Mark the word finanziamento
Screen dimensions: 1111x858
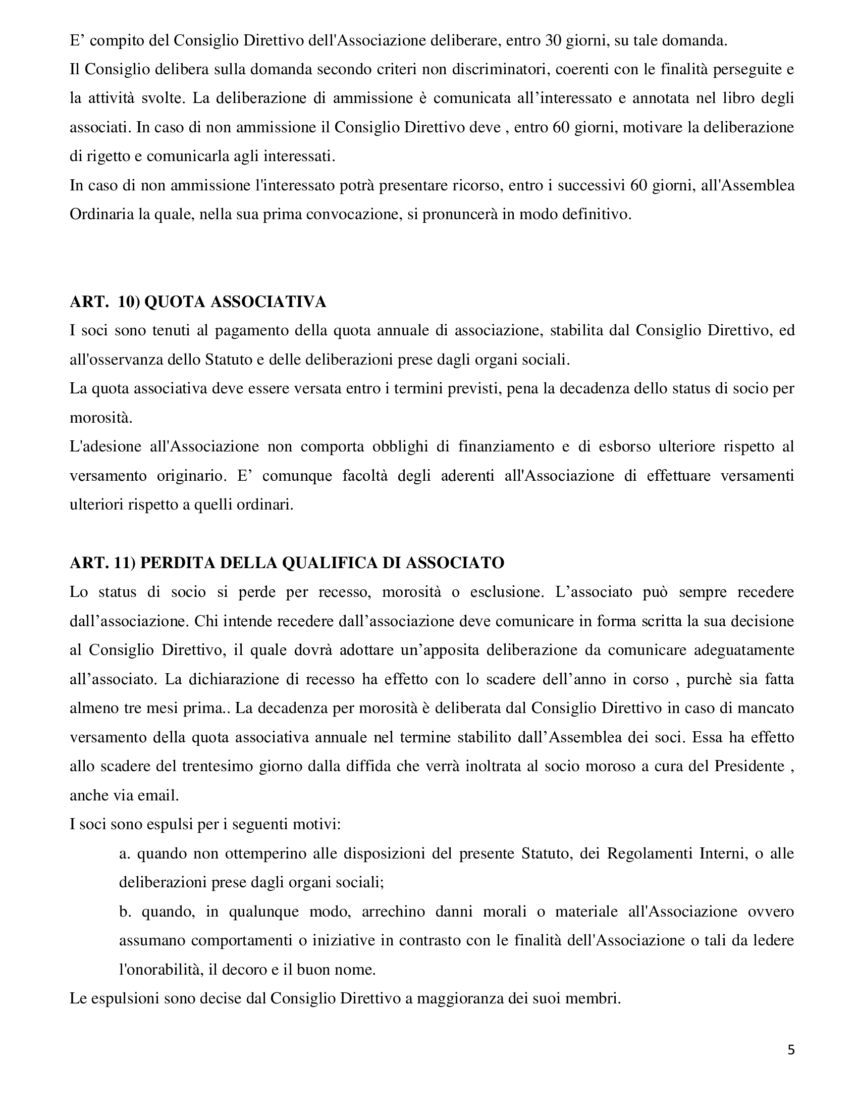tap(506, 446)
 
